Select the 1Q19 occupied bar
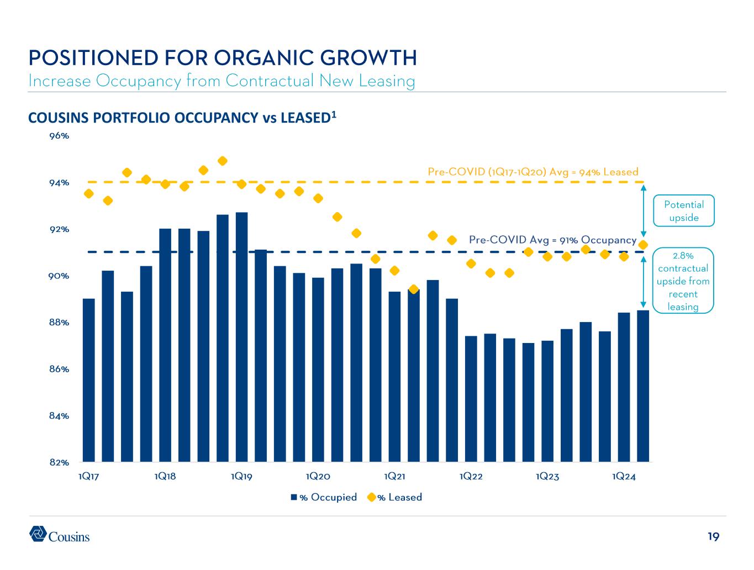tap(241, 337)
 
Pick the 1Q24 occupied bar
tap(624, 387)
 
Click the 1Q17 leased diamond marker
tap(88, 193)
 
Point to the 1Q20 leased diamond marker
tap(318, 198)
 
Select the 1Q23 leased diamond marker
tap(547, 256)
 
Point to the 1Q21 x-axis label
tap(394, 477)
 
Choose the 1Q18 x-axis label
tap(165, 477)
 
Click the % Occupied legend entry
tap(324, 497)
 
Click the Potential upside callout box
tap(684, 210)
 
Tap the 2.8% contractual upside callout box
tap(683, 281)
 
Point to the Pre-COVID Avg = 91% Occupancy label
tap(552, 240)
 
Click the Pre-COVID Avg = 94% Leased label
tap(533, 172)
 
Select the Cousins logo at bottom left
tap(59, 534)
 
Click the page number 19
tap(713, 536)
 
